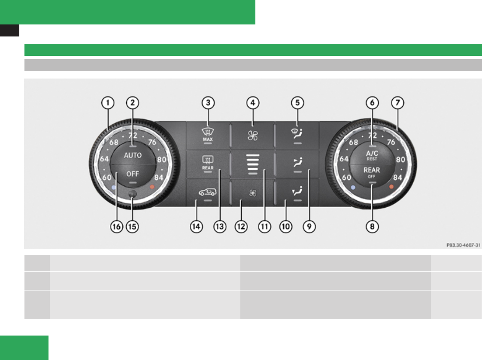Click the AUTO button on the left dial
click(x=133, y=155)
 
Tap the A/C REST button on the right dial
click(x=372, y=155)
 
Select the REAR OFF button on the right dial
click(x=372, y=172)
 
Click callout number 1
click(x=108, y=103)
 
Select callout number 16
click(x=116, y=227)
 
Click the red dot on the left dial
click(x=152, y=187)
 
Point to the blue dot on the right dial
click(x=352, y=188)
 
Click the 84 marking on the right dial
click(x=398, y=177)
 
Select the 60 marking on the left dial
click(x=106, y=177)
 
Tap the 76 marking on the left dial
click(x=152, y=142)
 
